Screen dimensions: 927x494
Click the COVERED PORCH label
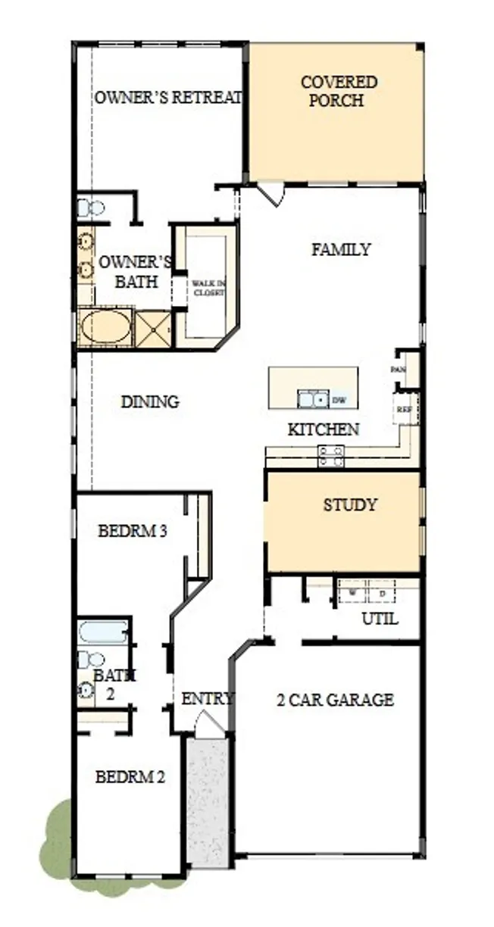(338, 91)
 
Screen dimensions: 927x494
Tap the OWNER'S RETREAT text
(168, 98)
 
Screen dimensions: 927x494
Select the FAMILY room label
(341, 249)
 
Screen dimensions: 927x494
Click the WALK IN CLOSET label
(208, 288)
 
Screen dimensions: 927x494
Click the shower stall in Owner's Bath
(154, 329)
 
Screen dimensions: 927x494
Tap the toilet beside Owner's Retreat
(91, 207)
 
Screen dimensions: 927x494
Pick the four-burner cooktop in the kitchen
(330, 455)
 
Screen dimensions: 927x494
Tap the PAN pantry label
(398, 369)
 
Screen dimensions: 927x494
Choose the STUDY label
(349, 505)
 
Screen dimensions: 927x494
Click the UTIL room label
(379, 619)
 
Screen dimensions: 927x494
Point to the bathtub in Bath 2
(103, 632)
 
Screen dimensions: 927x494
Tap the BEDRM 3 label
(133, 531)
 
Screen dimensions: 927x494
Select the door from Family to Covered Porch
(270, 193)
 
